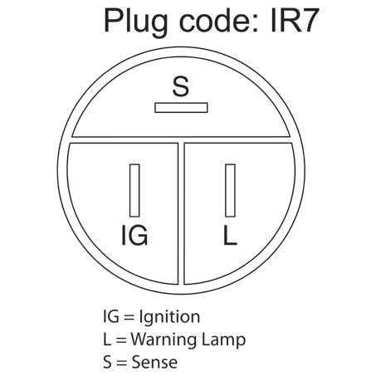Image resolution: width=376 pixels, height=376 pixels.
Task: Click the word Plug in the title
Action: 135,22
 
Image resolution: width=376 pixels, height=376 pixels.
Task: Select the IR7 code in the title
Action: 295,21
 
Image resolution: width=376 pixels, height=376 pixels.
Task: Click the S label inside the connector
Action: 181,86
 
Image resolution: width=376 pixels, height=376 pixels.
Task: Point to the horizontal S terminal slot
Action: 181,108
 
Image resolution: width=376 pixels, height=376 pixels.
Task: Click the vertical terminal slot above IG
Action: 134,190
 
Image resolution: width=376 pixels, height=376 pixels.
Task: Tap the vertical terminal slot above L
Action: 230,190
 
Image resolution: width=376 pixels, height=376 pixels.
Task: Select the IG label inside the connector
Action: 134,235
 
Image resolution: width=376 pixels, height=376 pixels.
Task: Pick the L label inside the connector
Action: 230,235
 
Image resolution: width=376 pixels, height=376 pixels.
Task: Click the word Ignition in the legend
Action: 169,317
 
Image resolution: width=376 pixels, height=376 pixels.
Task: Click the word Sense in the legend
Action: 154,362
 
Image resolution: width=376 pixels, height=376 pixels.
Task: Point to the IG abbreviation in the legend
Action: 111,316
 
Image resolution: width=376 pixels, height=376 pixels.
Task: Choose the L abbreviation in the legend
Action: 107,339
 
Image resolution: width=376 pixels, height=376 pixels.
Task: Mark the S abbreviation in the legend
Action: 107,362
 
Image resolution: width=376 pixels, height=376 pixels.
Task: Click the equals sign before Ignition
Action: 129,317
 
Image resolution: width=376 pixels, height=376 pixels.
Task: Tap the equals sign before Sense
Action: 121,363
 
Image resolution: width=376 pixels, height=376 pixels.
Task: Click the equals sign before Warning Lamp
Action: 121,340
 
